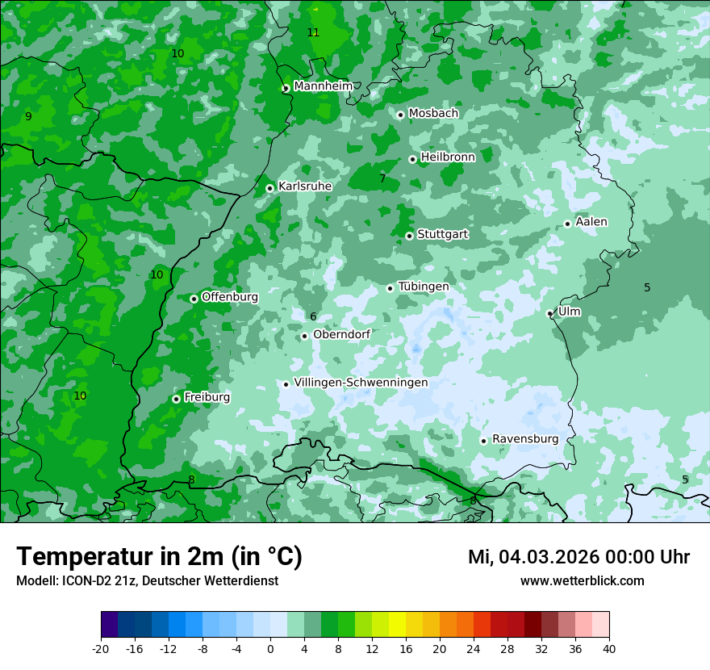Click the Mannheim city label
323,86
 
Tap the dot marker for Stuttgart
409,236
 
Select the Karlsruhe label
305,186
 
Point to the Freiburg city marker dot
176,399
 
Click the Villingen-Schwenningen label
361,383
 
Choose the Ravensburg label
525,439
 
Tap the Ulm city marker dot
549,313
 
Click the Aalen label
591,222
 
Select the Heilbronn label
448,157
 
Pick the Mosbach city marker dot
400,115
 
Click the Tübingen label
424,287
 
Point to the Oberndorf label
341,334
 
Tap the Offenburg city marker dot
194,299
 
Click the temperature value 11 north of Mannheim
313,32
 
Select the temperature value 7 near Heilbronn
382,178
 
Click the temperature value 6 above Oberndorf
313,317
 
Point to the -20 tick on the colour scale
101,648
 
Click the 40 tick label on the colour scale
609,648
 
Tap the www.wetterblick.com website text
582,581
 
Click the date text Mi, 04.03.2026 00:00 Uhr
578,557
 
